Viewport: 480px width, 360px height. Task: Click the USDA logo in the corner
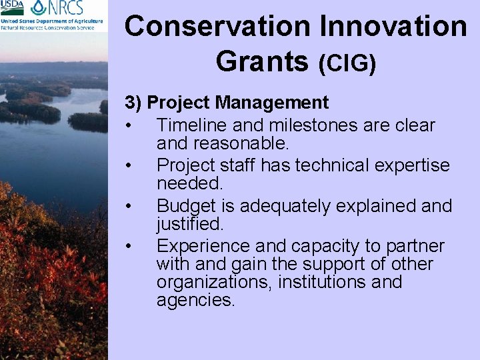pos(13,8)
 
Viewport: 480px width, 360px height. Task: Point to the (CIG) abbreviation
pos(347,63)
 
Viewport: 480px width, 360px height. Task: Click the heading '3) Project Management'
pos(227,103)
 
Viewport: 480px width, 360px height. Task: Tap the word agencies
pos(195,300)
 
